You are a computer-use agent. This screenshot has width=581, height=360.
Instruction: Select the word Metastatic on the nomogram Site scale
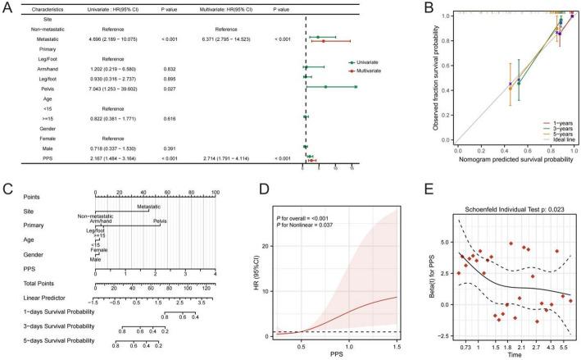point(148,207)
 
